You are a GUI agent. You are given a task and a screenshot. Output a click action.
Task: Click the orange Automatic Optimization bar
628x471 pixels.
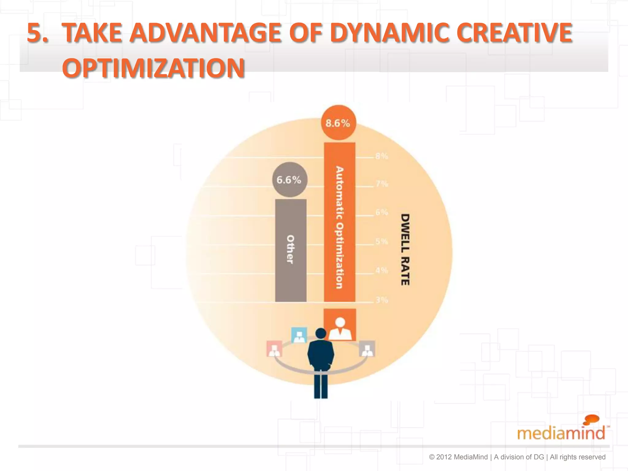[x=339, y=222]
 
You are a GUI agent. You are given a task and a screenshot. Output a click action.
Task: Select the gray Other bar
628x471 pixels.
[x=291, y=250]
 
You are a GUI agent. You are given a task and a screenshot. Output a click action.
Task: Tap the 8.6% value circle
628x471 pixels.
[x=338, y=123]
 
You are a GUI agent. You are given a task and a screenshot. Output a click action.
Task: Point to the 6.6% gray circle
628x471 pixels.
[x=289, y=180]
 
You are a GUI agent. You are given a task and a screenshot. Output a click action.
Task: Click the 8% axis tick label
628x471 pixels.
[x=382, y=156]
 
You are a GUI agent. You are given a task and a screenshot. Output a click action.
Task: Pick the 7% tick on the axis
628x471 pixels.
[x=382, y=184]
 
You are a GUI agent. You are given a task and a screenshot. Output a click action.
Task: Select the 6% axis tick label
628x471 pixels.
[x=382, y=212]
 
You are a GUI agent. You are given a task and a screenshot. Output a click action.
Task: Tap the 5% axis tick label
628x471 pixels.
[x=382, y=241]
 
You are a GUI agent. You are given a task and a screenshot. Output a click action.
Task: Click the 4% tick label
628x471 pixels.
[x=382, y=270]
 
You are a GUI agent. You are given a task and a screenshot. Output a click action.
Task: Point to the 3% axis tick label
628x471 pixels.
[x=382, y=300]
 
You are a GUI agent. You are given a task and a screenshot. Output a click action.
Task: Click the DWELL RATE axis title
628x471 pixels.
[x=405, y=250]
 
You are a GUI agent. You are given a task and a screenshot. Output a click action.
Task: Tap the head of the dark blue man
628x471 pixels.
[x=321, y=333]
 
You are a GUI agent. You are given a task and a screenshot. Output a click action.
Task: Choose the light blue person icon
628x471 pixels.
[x=299, y=335]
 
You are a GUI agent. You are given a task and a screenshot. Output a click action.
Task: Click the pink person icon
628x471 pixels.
[x=274, y=349]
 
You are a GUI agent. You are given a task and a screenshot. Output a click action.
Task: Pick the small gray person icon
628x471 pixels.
[x=367, y=349]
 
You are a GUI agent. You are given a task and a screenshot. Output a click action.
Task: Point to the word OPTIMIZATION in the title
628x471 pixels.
[x=153, y=68]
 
